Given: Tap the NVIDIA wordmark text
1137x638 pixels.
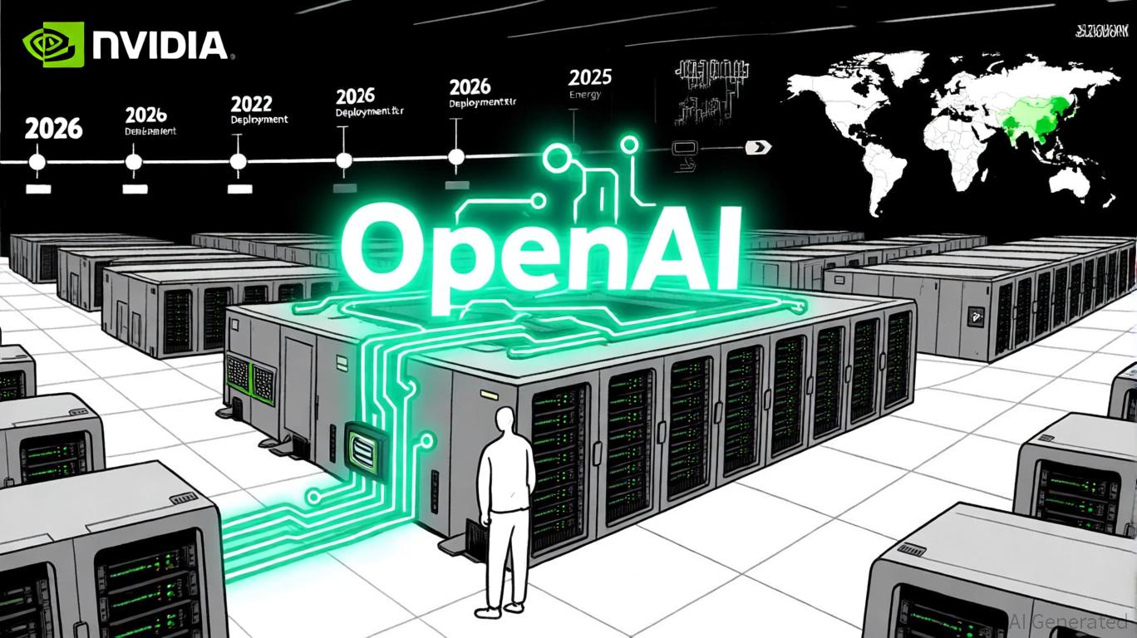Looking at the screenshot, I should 158,45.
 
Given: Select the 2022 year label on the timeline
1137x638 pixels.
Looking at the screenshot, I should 251,104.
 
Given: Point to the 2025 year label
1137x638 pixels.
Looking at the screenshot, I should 590,78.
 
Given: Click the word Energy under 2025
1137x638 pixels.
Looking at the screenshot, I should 584,96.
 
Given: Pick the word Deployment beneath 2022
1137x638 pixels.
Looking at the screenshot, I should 258,120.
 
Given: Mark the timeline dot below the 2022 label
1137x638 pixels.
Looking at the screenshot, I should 239,161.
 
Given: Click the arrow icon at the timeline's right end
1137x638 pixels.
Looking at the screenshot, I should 758,148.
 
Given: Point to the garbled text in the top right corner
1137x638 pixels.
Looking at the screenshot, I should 1099,34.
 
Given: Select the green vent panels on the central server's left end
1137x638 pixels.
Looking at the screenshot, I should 251,381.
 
